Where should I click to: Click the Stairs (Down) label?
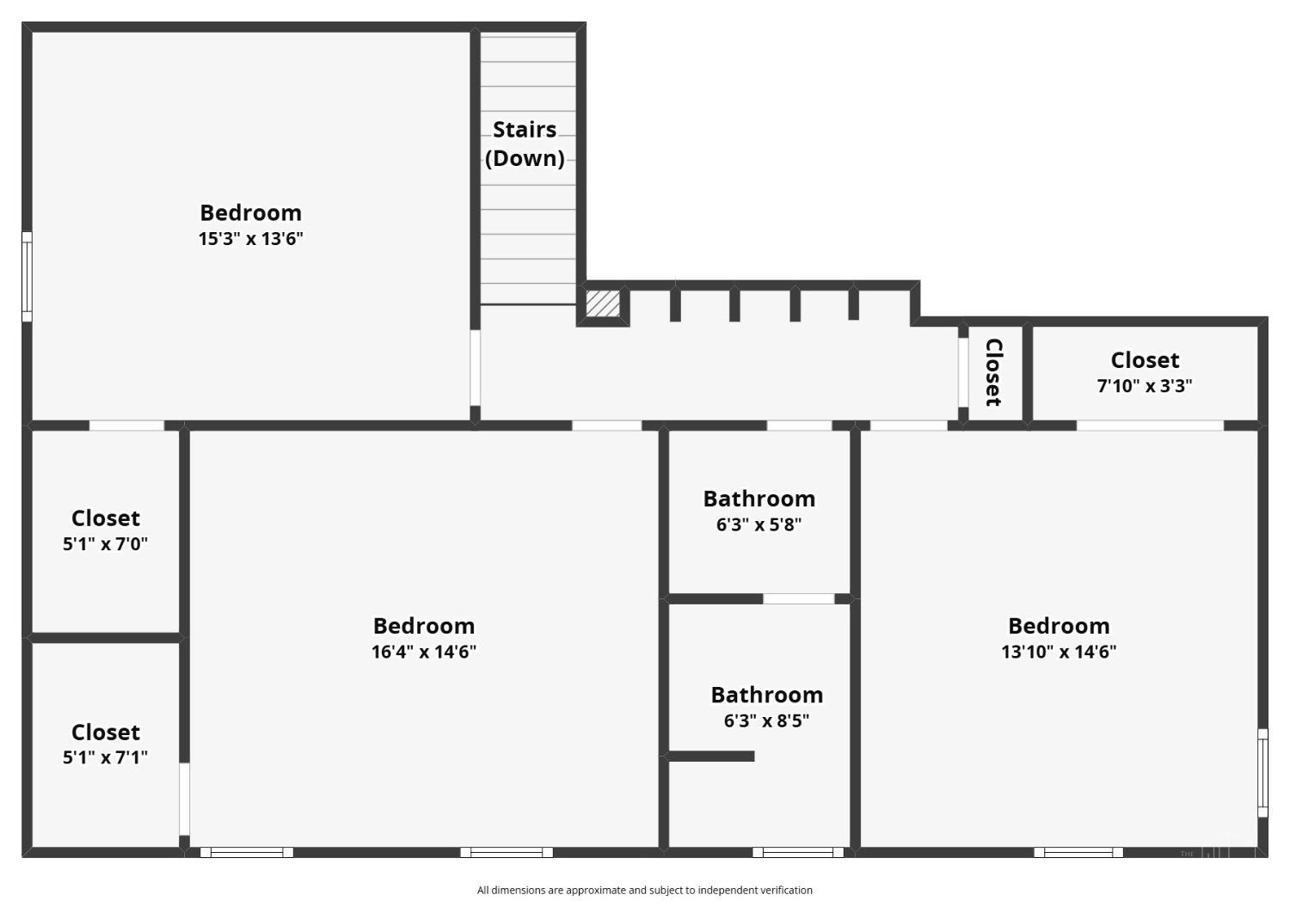tap(524, 144)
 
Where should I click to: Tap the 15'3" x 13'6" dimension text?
tap(250, 238)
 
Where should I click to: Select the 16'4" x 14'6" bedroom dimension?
tap(424, 651)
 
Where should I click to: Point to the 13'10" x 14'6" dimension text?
tap(1059, 651)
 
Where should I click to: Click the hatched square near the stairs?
tap(603, 303)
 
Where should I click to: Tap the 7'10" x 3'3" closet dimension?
tap(1145, 385)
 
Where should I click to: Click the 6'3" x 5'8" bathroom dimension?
tap(759, 524)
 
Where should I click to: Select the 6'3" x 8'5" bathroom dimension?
tap(766, 720)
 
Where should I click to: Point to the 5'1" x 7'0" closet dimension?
tap(106, 543)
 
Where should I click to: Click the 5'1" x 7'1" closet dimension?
tap(106, 757)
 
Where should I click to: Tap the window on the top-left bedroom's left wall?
tap(27, 276)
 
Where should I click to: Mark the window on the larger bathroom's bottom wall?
tap(798, 852)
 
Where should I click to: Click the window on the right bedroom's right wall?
tap(1262, 773)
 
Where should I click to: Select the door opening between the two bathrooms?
tap(799, 598)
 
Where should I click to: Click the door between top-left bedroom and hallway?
tap(475, 367)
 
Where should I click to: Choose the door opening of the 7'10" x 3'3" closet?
tap(1150, 426)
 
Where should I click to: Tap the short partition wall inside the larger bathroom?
tap(711, 756)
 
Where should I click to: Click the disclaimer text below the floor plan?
tap(644, 890)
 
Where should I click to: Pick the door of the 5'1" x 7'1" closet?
tap(184, 799)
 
